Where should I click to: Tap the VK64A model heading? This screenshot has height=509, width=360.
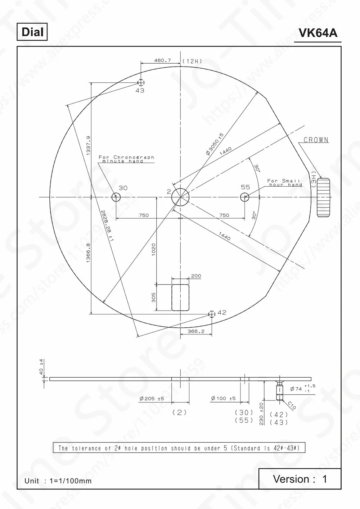pyautogui.click(x=318, y=33)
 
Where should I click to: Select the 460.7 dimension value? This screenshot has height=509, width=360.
pyautogui.click(x=162, y=60)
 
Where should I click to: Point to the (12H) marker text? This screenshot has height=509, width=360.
pyautogui.click(x=192, y=61)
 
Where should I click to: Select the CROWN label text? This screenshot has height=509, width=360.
pyautogui.click(x=316, y=140)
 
